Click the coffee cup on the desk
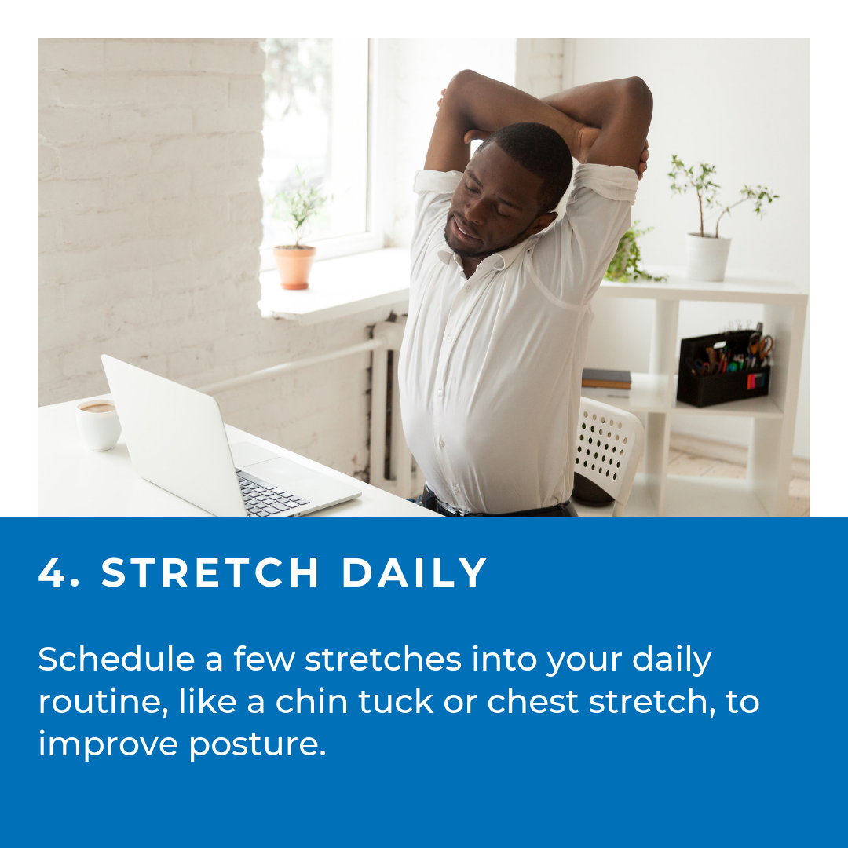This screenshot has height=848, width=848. tap(98, 425)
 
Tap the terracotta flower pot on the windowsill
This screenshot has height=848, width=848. tap(294, 267)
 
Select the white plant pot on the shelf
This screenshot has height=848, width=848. tap(708, 257)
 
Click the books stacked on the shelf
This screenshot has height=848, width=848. tap(606, 378)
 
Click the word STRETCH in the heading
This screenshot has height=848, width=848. tap(210, 572)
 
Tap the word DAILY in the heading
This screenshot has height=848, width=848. tap(415, 572)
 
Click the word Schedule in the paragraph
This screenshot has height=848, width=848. tap(116, 659)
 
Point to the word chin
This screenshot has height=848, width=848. tap(312, 701)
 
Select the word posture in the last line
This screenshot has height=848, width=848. tap(258, 745)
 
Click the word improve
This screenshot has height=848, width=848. tap(108, 745)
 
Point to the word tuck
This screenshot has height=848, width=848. tap(396, 701)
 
